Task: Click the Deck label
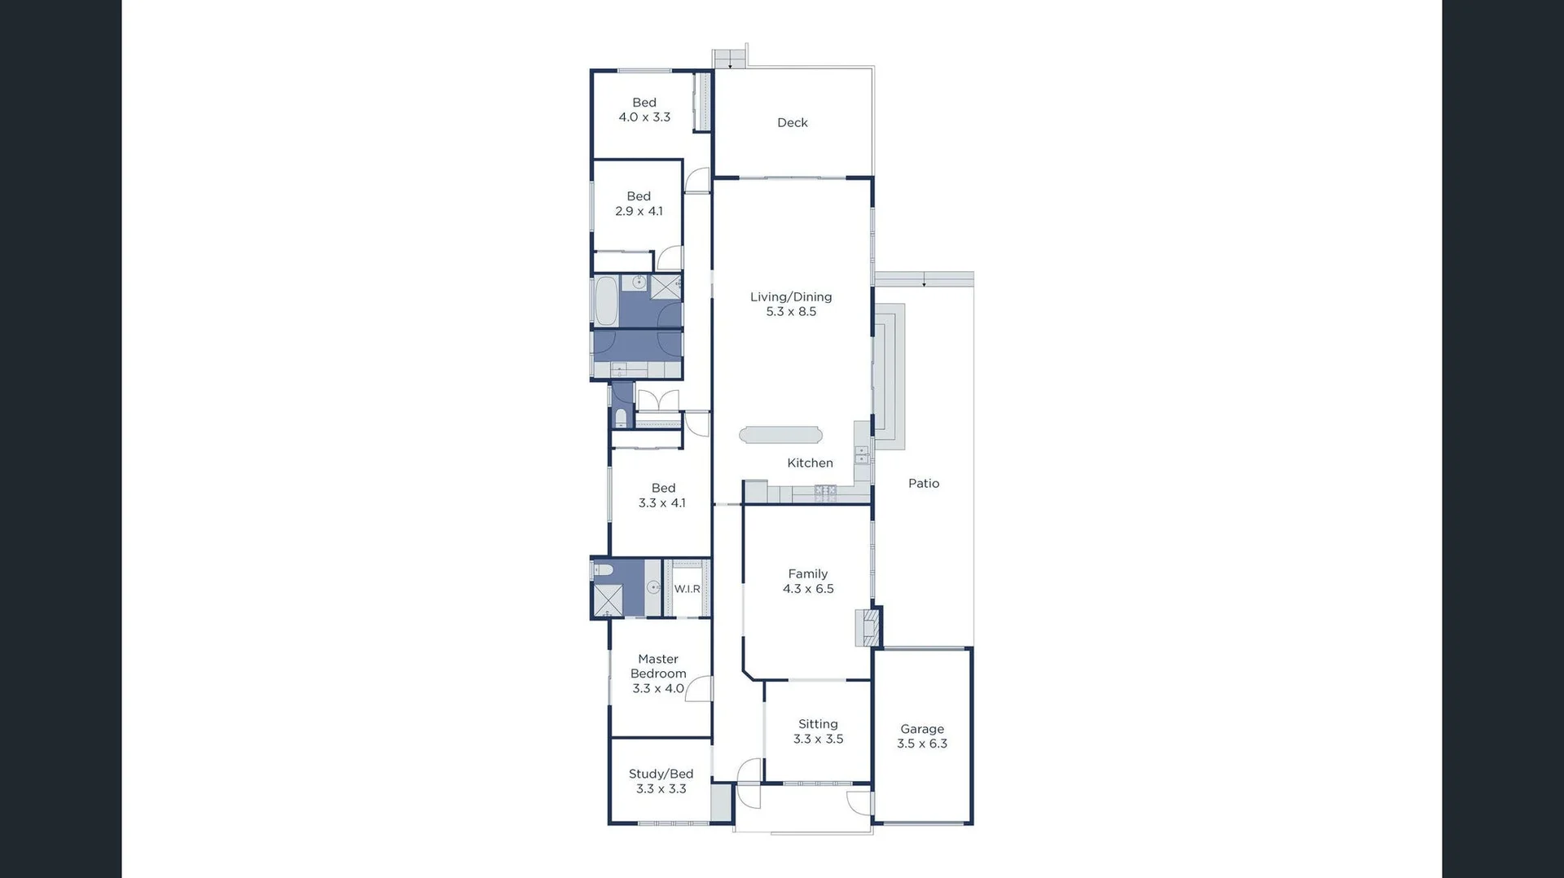click(792, 123)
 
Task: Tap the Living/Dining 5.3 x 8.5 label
click(791, 304)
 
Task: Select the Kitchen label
click(810, 463)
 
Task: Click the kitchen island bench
click(780, 435)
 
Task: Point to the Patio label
click(924, 483)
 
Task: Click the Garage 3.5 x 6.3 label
click(922, 736)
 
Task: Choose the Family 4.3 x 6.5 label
click(808, 582)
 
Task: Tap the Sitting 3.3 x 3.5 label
click(818, 731)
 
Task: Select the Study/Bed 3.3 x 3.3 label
click(661, 781)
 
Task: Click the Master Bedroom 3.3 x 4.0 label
click(658, 674)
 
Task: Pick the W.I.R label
click(687, 589)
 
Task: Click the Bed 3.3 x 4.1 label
click(662, 495)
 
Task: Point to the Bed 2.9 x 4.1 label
click(639, 204)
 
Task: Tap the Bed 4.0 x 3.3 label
click(644, 110)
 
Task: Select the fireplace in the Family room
click(867, 627)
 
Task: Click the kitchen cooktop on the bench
click(825, 491)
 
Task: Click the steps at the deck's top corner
click(729, 59)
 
